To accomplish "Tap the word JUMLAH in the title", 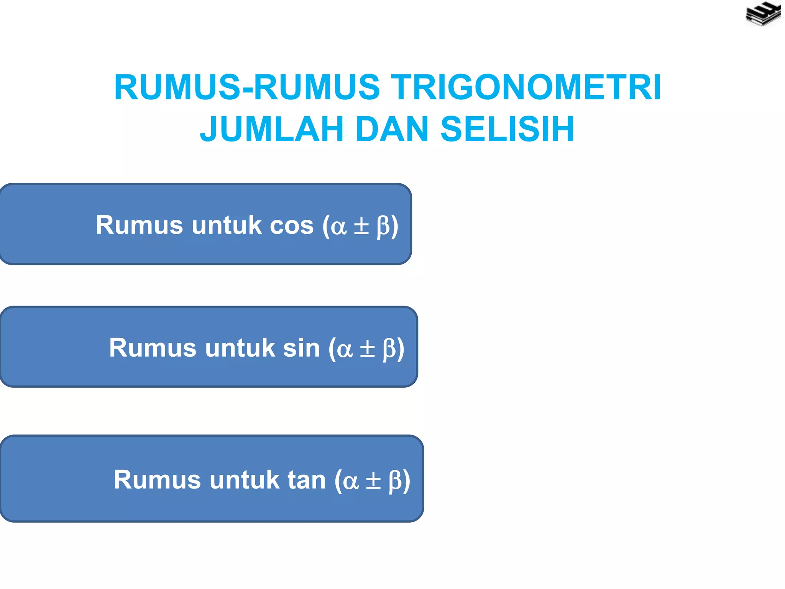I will (x=271, y=129).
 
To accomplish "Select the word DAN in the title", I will (x=392, y=129).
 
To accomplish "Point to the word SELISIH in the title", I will (x=507, y=129).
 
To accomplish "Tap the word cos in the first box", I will (x=292, y=225).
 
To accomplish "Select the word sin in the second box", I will (x=301, y=348).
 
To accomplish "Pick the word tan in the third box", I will (x=307, y=480).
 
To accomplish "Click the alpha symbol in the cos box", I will (x=339, y=226).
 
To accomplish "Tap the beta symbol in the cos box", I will (x=383, y=226).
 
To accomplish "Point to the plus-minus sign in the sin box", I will (x=367, y=349).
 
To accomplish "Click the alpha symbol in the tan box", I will (x=351, y=481).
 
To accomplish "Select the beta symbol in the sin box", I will (x=389, y=349).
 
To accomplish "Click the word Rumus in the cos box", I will (x=139, y=225).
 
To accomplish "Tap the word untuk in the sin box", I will (x=240, y=348).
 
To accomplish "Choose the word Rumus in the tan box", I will (x=157, y=480).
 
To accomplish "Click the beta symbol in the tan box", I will (x=395, y=481).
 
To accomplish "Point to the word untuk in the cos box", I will (x=227, y=225).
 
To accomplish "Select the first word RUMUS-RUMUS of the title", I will (x=247, y=87).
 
